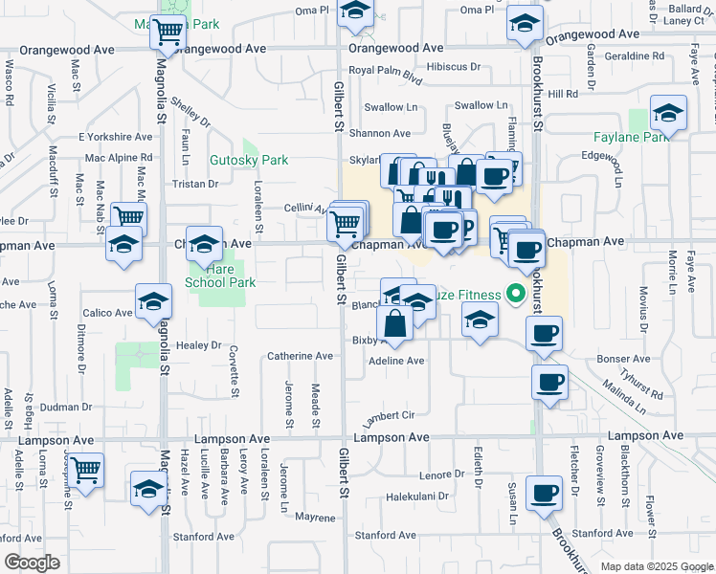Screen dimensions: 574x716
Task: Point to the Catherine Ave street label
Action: (300, 356)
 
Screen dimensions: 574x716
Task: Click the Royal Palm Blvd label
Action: (385, 71)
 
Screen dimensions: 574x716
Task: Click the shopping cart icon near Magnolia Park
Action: (168, 32)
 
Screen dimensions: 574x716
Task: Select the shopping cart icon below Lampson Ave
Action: (86, 470)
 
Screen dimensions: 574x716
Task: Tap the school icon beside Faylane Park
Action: (667, 114)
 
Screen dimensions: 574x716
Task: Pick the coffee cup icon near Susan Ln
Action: (544, 492)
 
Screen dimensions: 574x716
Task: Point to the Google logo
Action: (32, 563)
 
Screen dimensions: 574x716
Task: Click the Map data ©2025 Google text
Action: (657, 566)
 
